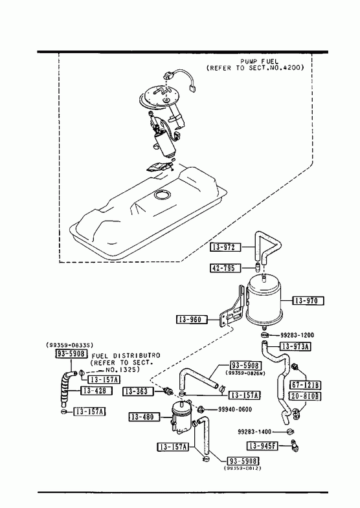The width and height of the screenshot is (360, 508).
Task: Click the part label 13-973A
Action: [x=295, y=347]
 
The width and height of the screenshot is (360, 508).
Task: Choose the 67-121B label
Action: [x=305, y=384]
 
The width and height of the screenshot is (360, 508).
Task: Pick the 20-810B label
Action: [x=305, y=396]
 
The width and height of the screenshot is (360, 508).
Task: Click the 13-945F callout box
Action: [x=262, y=446]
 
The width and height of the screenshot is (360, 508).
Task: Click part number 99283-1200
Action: [x=297, y=335]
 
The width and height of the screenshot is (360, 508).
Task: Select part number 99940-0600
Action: [x=235, y=410]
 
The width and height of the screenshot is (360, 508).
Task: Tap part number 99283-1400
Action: [x=254, y=432]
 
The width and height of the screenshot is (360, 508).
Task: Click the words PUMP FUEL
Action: [x=259, y=61]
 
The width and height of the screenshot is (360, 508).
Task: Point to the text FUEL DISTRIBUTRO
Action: [x=126, y=356]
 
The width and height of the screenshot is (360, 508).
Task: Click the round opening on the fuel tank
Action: [x=162, y=195]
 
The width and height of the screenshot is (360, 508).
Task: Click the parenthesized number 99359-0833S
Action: [x=70, y=346]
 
